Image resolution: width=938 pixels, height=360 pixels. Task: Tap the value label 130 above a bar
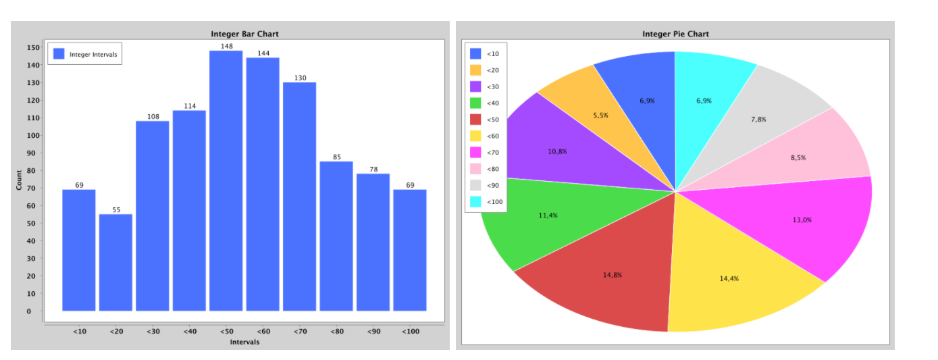[x=300, y=78]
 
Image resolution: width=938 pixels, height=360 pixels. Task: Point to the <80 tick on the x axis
[x=336, y=332]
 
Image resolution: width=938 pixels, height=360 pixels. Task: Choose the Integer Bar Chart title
[x=244, y=34]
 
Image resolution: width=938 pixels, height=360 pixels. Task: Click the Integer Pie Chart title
[x=675, y=34]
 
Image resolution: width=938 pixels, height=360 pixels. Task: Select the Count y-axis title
[x=19, y=179]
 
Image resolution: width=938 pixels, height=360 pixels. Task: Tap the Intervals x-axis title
[x=244, y=342]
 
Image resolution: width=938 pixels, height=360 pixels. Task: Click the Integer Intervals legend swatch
[x=59, y=54]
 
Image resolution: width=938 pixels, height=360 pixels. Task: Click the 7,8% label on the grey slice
[x=758, y=120]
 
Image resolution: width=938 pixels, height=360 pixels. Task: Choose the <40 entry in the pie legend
[x=493, y=103]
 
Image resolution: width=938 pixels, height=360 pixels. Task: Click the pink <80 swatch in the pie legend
[x=475, y=169]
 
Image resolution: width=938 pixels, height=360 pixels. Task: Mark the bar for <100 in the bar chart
[x=410, y=250]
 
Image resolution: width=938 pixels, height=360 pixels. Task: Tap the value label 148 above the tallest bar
[x=226, y=47]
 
